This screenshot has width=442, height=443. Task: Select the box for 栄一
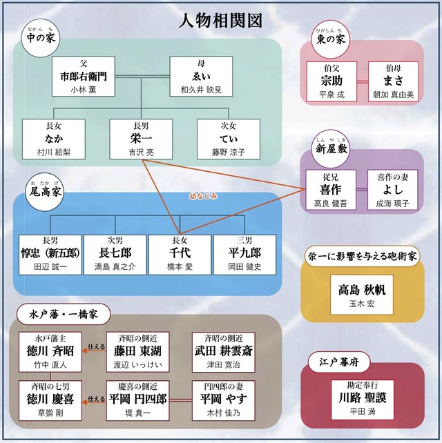tap(141, 138)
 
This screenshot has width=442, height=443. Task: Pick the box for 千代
tap(180, 254)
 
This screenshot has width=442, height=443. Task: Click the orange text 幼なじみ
tap(204, 196)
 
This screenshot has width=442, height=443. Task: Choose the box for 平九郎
tap(244, 254)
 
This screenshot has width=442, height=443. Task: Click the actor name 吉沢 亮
tap(141, 152)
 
